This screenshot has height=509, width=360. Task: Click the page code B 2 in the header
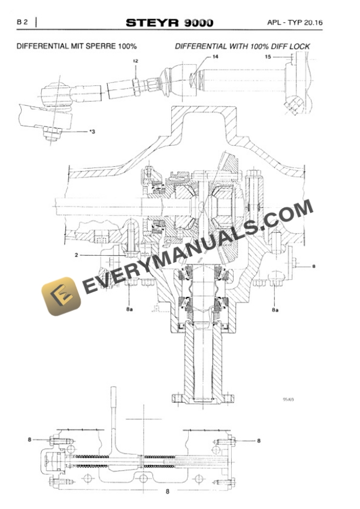pyautogui.click(x=23, y=22)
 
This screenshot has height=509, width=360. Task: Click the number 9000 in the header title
pyautogui.click(x=198, y=23)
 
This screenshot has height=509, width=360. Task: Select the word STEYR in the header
pyautogui.click(x=152, y=23)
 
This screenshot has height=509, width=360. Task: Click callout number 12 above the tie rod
pyautogui.click(x=136, y=61)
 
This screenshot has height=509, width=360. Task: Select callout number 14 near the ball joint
pyautogui.click(x=215, y=57)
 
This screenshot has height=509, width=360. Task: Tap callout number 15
pyautogui.click(x=268, y=57)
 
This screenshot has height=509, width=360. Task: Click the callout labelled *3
pyautogui.click(x=91, y=132)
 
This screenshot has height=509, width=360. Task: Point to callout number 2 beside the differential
pyautogui.click(x=77, y=255)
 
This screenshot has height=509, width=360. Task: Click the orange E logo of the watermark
pyautogui.click(x=61, y=293)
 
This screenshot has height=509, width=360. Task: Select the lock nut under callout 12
pyautogui.click(x=136, y=82)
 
